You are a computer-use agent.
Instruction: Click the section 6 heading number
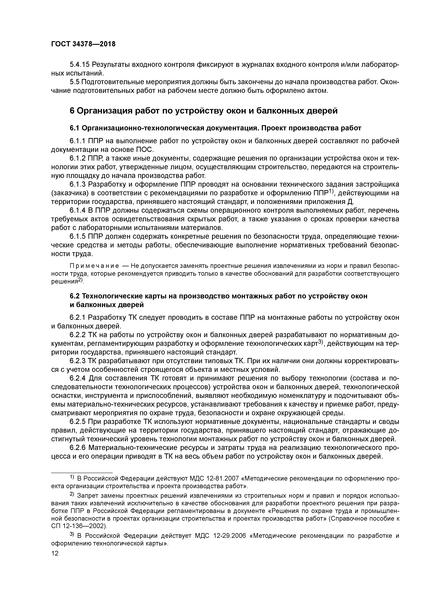tap(72, 111)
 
